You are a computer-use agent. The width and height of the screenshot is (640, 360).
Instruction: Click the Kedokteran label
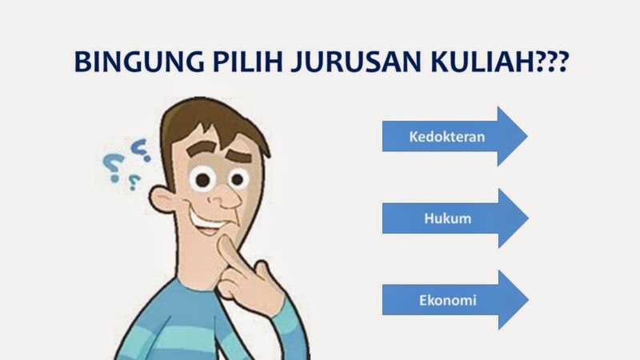point(447,136)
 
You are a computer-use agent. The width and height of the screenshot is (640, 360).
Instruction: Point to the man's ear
point(164,197)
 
